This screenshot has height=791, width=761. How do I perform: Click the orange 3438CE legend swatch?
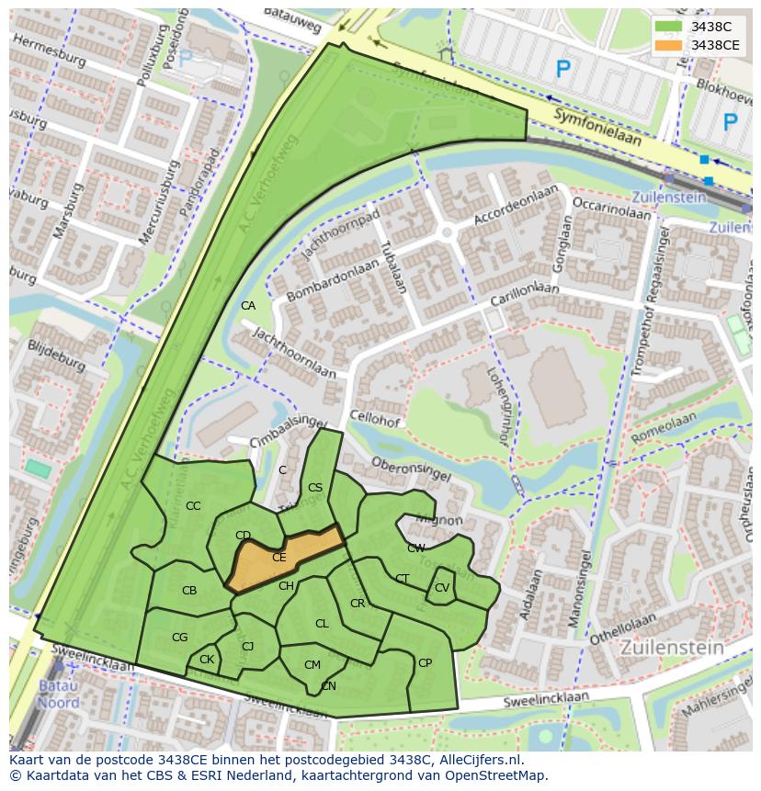pos(669,45)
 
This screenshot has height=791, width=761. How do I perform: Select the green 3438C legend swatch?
pos(669,27)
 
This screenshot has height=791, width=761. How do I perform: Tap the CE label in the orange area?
pos(279,557)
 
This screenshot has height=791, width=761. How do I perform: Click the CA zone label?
pos(248,306)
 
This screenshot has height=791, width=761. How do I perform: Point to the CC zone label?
pos(193,506)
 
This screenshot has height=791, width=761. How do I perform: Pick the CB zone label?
pos(189,591)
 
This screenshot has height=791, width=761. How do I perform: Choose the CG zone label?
pos(180,638)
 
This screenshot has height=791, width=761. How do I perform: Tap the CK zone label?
pos(207,660)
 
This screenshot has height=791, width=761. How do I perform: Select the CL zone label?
pos(322,624)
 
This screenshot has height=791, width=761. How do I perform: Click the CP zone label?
pos(425,663)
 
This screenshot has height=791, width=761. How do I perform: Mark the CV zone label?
pos(442,588)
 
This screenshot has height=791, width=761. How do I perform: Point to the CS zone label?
pos(315,488)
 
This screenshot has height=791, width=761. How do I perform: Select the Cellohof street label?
pos(374,420)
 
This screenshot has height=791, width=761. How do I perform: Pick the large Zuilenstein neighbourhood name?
pos(672,647)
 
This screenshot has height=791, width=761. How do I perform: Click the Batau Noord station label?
pos(58,695)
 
